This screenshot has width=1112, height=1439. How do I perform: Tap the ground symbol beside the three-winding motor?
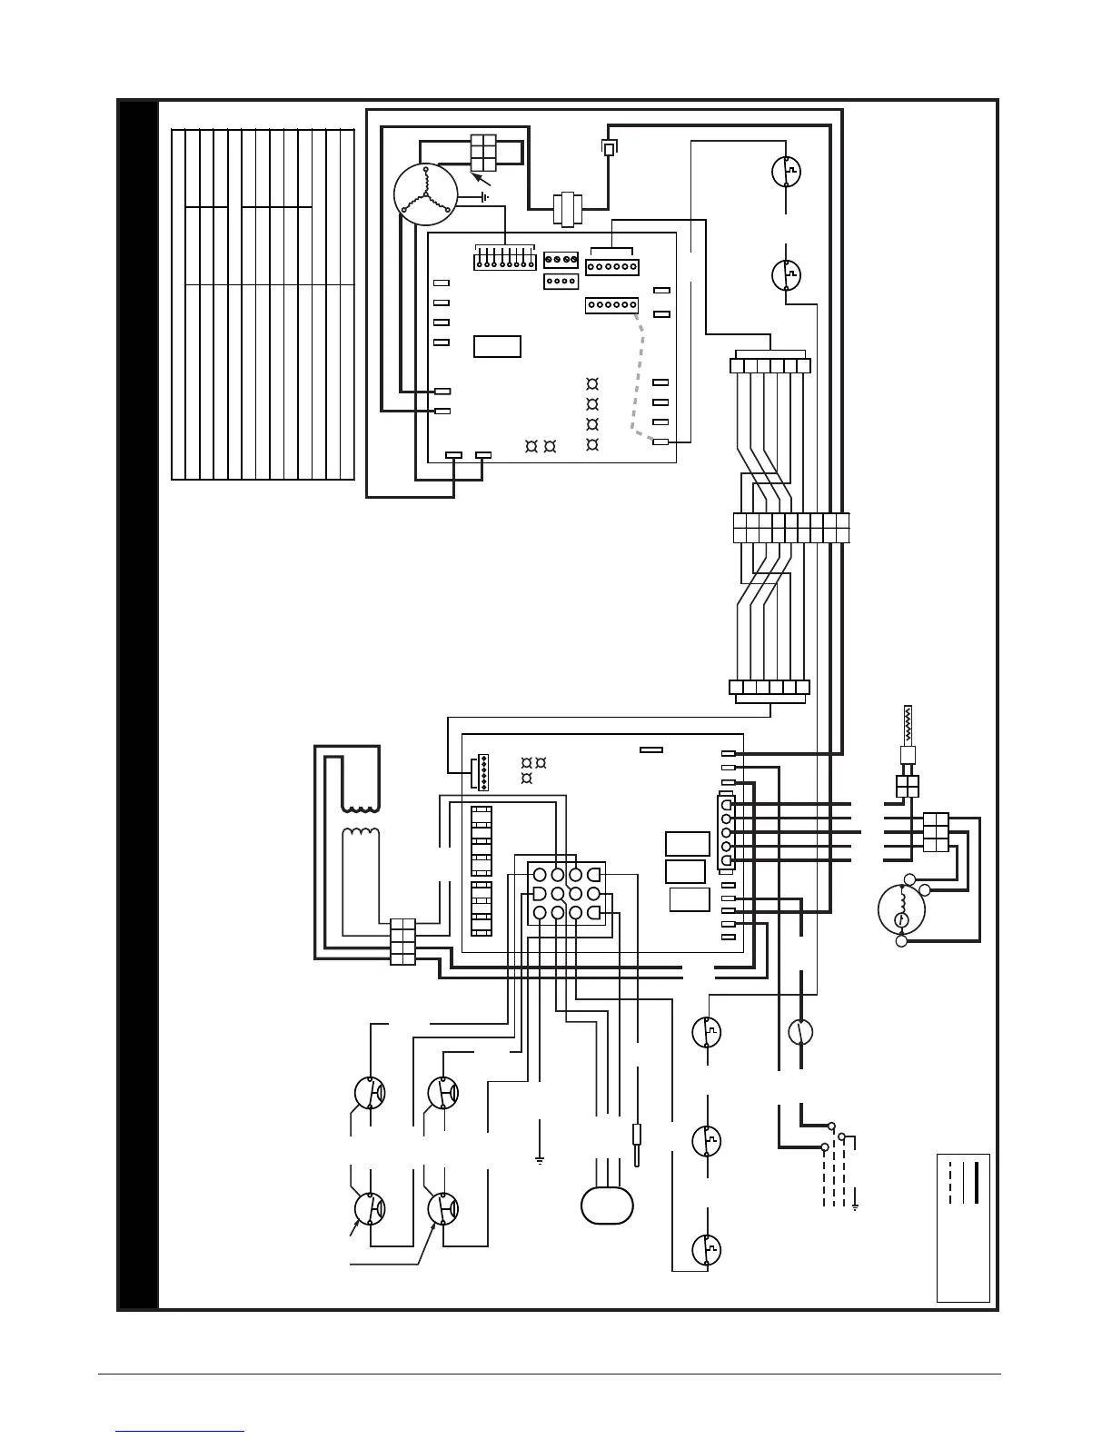(484, 196)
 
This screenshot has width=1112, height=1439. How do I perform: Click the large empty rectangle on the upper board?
(497, 346)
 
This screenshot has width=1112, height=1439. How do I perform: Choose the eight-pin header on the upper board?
(501, 261)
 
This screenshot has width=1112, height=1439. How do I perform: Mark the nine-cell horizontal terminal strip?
(790, 528)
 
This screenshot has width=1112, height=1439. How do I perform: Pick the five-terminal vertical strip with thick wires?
(725, 832)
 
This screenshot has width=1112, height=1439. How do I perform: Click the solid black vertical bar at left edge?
(138, 704)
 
